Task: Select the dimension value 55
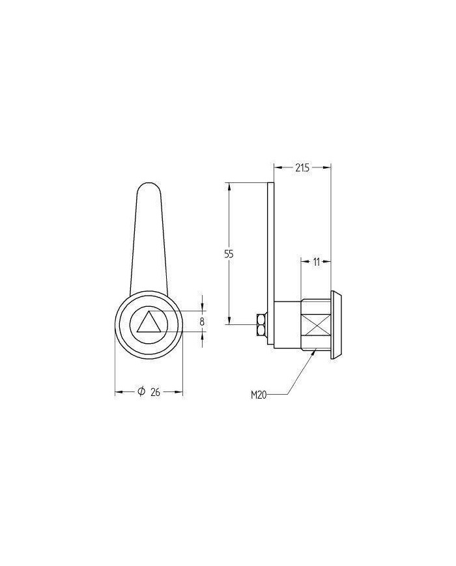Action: click(229, 254)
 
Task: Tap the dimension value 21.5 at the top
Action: click(302, 168)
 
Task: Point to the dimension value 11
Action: click(316, 262)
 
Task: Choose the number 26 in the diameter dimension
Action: click(155, 392)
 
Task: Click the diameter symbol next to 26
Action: click(140, 392)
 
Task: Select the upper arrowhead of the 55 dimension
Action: click(229, 186)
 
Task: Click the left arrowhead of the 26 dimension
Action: click(119, 392)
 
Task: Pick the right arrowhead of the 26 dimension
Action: click(179, 392)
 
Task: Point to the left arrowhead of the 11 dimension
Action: click(304, 262)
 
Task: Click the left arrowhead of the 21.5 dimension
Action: click(277, 168)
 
